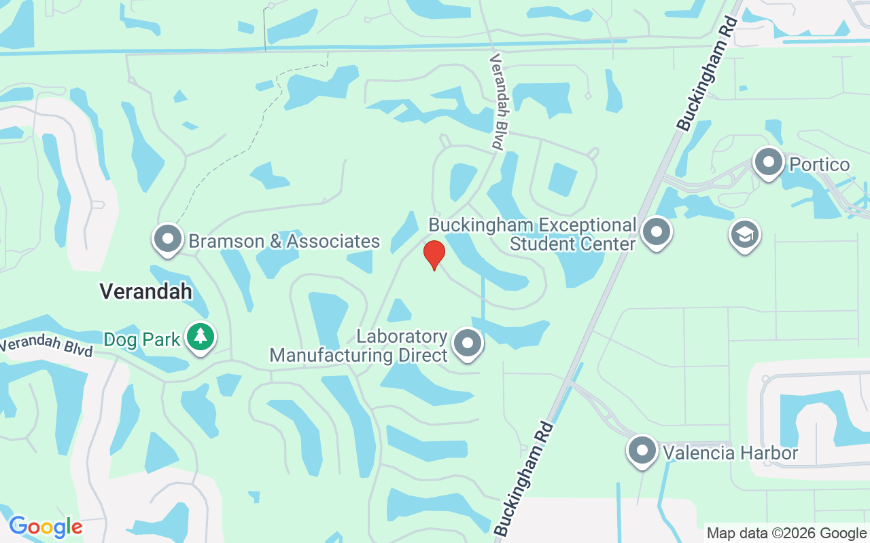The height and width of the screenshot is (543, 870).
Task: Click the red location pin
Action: pos(434,254)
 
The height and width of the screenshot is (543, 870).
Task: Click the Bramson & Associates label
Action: pos(284,242)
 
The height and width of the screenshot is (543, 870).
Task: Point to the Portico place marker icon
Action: pos(769,163)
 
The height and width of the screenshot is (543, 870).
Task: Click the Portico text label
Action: pos(820,165)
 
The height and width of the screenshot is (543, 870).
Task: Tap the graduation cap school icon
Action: pos(745,235)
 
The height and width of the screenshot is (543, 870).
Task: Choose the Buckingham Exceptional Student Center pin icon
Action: pos(657,232)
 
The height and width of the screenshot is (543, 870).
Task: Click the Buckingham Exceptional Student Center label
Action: pos(533,234)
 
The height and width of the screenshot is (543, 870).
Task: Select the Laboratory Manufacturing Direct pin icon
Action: pos(467,343)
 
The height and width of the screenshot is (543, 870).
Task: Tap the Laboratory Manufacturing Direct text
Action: pos(359,346)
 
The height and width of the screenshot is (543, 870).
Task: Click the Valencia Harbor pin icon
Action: pos(642,450)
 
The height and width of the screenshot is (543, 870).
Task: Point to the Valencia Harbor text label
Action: pos(730,453)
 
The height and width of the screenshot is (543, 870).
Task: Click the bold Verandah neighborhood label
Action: pos(145,291)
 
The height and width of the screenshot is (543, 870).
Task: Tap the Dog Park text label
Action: pos(142,339)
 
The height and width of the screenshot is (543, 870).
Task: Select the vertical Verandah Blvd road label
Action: pos(498,102)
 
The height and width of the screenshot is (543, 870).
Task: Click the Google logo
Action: pos(46,526)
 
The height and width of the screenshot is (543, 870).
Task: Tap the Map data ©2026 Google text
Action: pos(786,533)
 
